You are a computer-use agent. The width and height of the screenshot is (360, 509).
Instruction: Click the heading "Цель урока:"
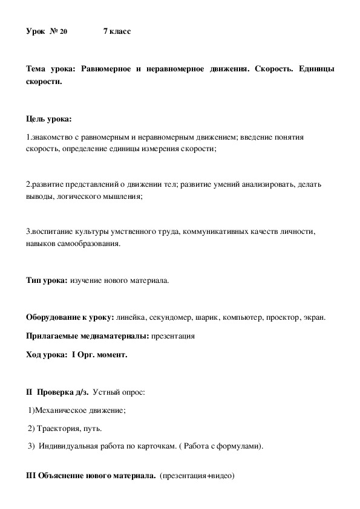pyautogui.click(x=49, y=118)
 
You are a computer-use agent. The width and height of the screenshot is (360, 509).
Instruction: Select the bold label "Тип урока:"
pyautogui.click(x=47, y=281)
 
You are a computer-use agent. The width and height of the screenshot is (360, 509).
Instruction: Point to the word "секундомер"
pyautogui.click(x=168, y=317)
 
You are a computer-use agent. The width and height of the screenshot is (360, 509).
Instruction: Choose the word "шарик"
pyautogui.click(x=208, y=317)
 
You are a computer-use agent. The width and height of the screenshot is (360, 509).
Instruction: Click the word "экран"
pyautogui.click(x=315, y=317)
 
